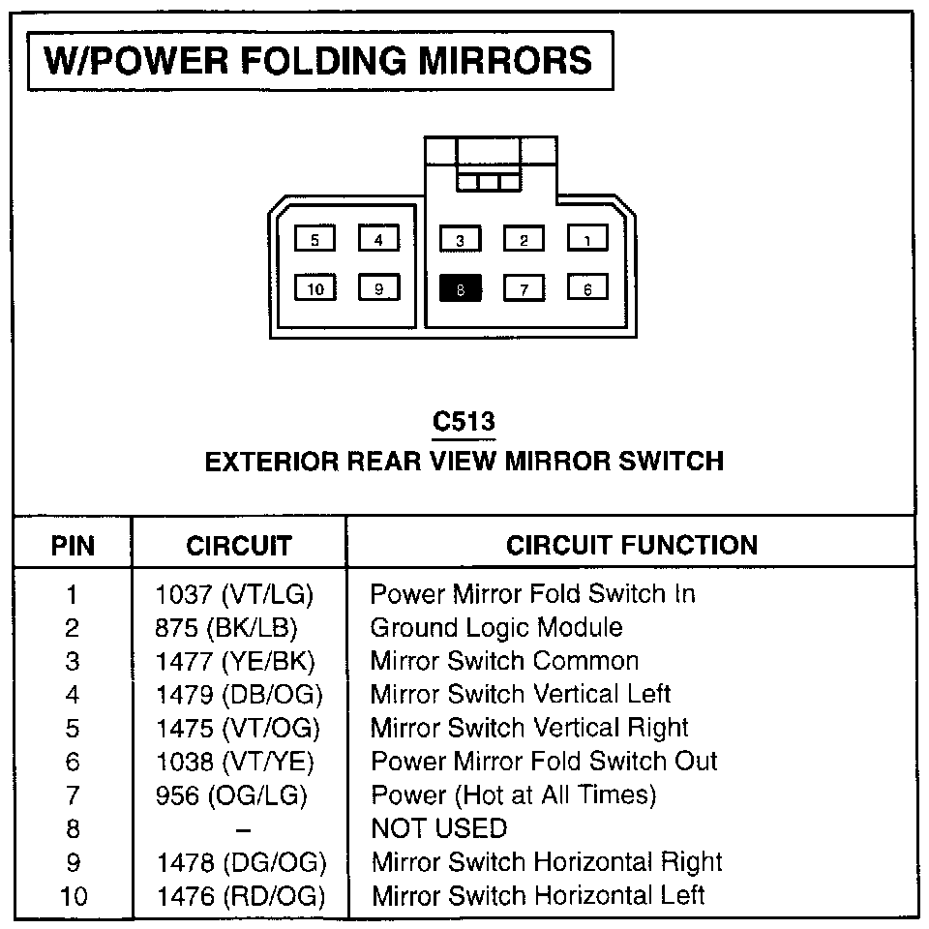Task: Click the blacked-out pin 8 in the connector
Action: click(460, 288)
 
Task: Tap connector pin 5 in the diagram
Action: click(315, 238)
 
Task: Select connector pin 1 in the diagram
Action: click(586, 238)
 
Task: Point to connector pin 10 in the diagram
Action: click(315, 288)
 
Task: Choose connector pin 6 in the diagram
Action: click(586, 288)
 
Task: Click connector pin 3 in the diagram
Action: click(460, 238)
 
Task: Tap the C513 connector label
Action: click(464, 422)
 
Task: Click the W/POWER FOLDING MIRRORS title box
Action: click(320, 61)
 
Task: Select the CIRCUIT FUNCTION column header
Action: click(631, 545)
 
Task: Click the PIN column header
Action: click(73, 546)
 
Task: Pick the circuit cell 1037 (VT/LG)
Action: click(235, 594)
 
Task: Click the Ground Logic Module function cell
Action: click(496, 628)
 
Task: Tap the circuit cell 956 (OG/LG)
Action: click(231, 795)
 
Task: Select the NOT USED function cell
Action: click(438, 828)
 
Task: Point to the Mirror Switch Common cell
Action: click(504, 662)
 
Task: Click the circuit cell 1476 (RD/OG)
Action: click(239, 895)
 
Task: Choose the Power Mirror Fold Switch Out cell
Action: click(544, 762)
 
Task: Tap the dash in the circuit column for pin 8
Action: click(244, 829)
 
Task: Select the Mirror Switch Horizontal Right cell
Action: click(547, 861)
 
